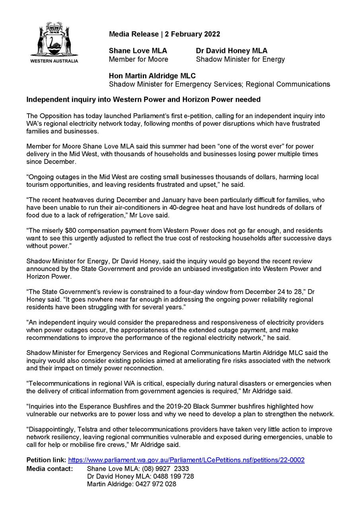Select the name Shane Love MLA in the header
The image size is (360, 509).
point(138,51)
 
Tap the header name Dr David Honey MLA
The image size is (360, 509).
point(232,51)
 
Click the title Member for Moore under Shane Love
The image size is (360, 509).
point(138,59)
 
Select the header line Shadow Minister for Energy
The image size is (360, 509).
point(240,59)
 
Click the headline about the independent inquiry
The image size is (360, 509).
point(143,99)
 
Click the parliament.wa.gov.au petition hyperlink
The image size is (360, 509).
point(186,460)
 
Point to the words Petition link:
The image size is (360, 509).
point(46,460)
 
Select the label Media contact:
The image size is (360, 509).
point(50,468)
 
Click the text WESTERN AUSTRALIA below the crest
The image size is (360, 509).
point(54,61)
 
